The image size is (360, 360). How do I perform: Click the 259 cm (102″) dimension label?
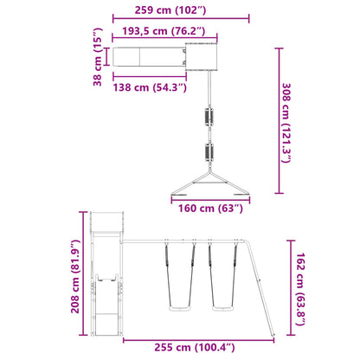tap(170, 10)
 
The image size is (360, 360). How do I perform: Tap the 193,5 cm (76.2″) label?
tap(164, 31)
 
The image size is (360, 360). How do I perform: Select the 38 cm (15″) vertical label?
tap(98, 57)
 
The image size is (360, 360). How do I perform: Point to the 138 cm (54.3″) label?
tap(150, 87)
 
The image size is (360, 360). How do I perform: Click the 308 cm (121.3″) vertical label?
tap(286, 123)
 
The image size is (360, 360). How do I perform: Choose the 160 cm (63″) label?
tap(210, 208)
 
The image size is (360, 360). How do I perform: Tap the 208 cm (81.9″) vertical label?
tap(75, 276)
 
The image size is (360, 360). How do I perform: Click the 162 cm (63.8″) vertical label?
tap(300, 289)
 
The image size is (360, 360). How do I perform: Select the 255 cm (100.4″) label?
tap(195, 347)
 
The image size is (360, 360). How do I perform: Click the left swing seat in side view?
tap(179, 309)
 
